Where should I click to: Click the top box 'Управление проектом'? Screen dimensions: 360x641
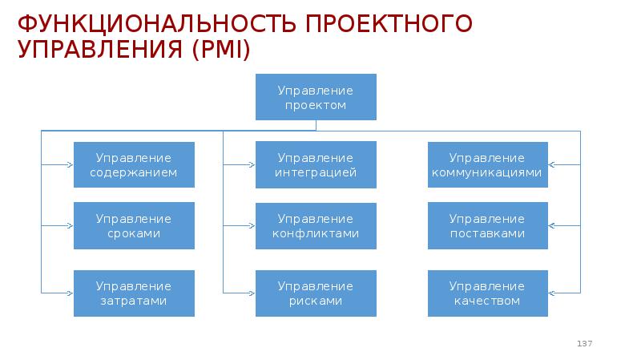click(x=316, y=98)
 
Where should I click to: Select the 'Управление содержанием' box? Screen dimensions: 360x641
click(x=134, y=165)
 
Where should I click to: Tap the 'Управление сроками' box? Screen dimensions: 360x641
click(x=134, y=226)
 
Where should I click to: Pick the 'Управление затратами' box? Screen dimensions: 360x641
click(x=134, y=293)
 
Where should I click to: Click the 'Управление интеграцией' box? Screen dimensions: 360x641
click(x=316, y=165)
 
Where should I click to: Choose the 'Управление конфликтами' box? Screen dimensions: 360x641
click(x=316, y=226)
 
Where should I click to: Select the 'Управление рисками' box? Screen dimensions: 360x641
click(x=316, y=293)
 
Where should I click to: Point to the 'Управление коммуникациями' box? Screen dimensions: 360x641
click(x=487, y=165)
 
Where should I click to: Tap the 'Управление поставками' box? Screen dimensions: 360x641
click(x=487, y=226)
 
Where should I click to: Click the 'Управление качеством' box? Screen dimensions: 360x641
click(x=487, y=293)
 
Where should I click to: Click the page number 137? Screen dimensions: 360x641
click(x=584, y=344)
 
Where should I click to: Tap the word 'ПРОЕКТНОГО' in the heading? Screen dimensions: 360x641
click(x=388, y=23)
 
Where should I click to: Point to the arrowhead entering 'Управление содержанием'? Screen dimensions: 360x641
click(x=70, y=165)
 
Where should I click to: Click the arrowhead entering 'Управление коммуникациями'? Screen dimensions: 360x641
click(x=553, y=165)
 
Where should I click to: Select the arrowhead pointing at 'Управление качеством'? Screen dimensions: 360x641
click(x=553, y=293)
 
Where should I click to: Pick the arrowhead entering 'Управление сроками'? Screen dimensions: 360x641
click(x=70, y=226)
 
